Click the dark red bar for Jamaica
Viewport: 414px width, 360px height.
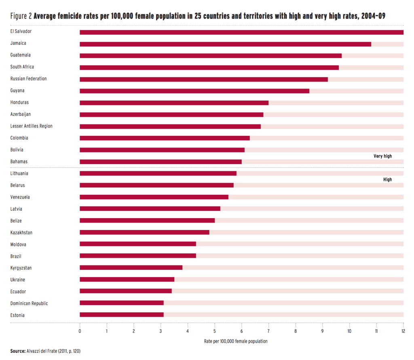point(225,44)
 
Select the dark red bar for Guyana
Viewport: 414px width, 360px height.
point(194,91)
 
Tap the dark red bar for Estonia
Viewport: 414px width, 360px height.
point(122,315)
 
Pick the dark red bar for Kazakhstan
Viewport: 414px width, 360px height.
point(144,232)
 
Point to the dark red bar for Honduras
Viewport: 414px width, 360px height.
point(174,103)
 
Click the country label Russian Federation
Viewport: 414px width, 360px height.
point(28,79)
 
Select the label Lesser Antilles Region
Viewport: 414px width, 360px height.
point(31,126)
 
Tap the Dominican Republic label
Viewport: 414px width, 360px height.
point(29,303)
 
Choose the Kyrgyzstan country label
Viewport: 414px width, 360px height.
point(21,268)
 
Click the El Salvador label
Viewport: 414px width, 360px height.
point(21,31)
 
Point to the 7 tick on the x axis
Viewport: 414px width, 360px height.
point(268,331)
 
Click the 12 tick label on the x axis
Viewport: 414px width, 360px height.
point(403,331)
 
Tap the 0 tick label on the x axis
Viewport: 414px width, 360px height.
point(80,331)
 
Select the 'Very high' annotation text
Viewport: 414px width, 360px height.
point(382,156)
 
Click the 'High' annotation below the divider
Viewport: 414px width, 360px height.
point(387,179)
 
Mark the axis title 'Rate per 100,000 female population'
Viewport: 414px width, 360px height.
point(236,341)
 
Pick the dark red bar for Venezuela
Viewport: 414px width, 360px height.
point(154,197)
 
